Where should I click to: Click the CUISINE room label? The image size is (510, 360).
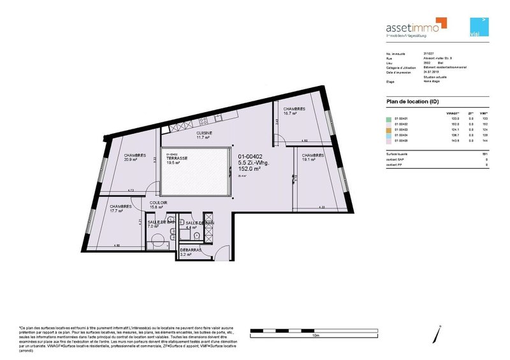click(204, 133)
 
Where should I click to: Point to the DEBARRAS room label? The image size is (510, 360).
click(191, 250)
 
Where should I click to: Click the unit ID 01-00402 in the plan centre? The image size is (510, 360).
click(251, 156)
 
